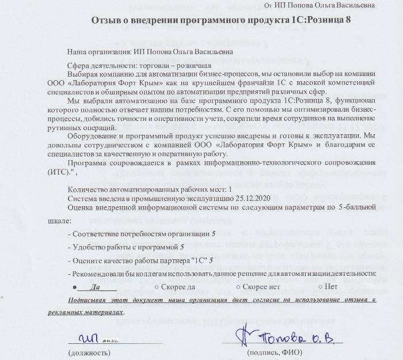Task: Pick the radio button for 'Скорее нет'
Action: tap(238, 286)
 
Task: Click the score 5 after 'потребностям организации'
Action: tap(214, 234)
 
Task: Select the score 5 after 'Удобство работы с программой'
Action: tap(182, 247)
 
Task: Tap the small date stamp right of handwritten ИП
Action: tap(111, 341)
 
